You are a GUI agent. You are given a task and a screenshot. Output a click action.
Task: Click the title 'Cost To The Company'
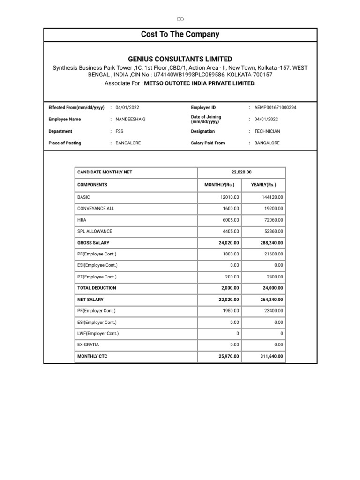click(x=180, y=34)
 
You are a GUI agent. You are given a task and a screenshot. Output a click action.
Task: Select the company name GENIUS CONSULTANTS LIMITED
click(x=180, y=59)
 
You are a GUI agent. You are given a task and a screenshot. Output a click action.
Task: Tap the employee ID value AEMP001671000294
click(x=275, y=108)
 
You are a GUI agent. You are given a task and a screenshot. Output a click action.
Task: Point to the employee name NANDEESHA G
click(x=130, y=120)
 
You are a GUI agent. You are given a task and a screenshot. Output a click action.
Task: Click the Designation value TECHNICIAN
click(x=267, y=132)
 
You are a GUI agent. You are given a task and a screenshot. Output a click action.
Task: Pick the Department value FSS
click(x=120, y=132)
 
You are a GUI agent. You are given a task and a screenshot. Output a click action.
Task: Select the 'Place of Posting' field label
click(x=65, y=143)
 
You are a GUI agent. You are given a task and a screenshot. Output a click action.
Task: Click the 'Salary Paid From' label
click(x=208, y=143)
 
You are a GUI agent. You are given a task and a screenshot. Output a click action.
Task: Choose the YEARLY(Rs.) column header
click(x=263, y=185)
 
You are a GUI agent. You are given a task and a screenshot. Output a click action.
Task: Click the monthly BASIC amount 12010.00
click(x=230, y=197)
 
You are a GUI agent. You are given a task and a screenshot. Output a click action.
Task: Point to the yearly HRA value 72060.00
click(x=272, y=220)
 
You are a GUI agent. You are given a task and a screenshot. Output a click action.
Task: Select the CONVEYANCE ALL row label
click(x=96, y=209)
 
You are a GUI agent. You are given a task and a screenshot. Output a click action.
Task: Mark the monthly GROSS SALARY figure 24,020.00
click(x=229, y=243)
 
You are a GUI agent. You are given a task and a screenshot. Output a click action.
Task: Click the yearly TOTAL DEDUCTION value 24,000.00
click(x=272, y=288)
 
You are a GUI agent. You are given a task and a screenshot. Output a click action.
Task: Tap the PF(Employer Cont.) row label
click(x=97, y=311)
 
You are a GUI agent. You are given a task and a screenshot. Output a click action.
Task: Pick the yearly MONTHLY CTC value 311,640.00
click(x=270, y=357)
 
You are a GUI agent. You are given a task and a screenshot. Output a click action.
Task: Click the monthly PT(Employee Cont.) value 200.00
click(x=232, y=277)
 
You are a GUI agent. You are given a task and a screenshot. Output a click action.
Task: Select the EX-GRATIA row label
click(x=88, y=345)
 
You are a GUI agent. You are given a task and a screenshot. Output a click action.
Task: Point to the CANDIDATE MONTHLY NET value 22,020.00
click(x=241, y=172)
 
